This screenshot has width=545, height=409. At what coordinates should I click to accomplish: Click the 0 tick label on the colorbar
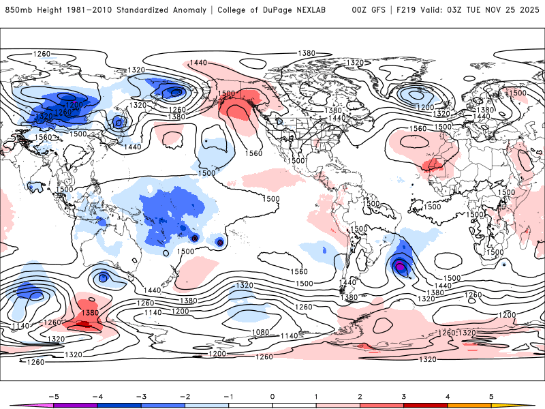pyautogui.click(x=272, y=395)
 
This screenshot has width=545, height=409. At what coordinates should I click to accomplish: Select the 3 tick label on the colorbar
pyautogui.click(x=404, y=395)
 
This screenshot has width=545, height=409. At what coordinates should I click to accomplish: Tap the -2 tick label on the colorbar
pyautogui.click(x=185, y=395)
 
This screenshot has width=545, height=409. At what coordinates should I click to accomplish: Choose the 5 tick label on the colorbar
pyautogui.click(x=491, y=395)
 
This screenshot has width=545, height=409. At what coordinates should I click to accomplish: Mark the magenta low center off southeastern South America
pyautogui.click(x=400, y=267)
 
